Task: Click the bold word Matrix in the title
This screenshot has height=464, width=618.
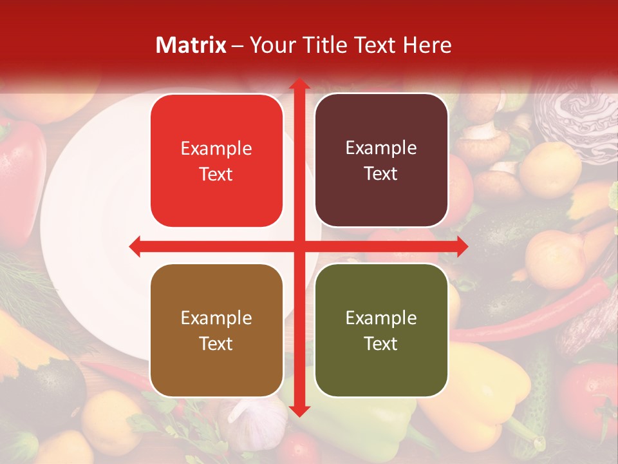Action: [191, 45]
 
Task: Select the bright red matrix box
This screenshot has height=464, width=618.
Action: [216, 160]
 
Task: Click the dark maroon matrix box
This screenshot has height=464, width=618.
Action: [381, 160]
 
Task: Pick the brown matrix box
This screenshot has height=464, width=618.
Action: [216, 331]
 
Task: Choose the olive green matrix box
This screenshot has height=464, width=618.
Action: [381, 331]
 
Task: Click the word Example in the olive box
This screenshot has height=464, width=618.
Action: [381, 318]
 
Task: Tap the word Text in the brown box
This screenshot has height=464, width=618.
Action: [216, 343]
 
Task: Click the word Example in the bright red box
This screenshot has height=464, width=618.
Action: [216, 148]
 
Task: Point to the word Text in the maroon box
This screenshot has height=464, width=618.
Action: [381, 173]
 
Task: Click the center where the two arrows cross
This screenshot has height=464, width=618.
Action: [299, 246]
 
